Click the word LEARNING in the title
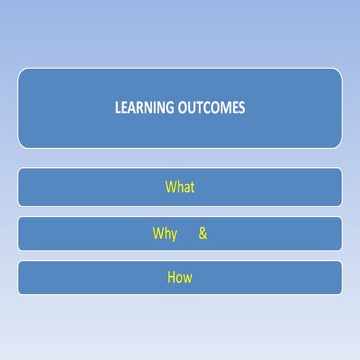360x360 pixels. (x=143, y=108)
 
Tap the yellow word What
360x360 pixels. (x=180, y=187)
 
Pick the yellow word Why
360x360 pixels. (x=165, y=234)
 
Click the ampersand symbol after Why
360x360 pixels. (x=202, y=233)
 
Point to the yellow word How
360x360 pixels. (x=180, y=277)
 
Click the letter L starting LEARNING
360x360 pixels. (x=117, y=108)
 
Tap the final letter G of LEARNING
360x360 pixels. (x=169, y=108)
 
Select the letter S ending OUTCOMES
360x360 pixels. (x=241, y=108)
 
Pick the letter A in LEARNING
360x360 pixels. (x=132, y=108)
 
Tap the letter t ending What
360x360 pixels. (x=192, y=187)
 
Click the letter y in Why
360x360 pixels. (x=174, y=235)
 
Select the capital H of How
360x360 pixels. (x=172, y=277)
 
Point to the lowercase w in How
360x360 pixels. (x=187, y=278)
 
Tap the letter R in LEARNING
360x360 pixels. (x=140, y=108)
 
